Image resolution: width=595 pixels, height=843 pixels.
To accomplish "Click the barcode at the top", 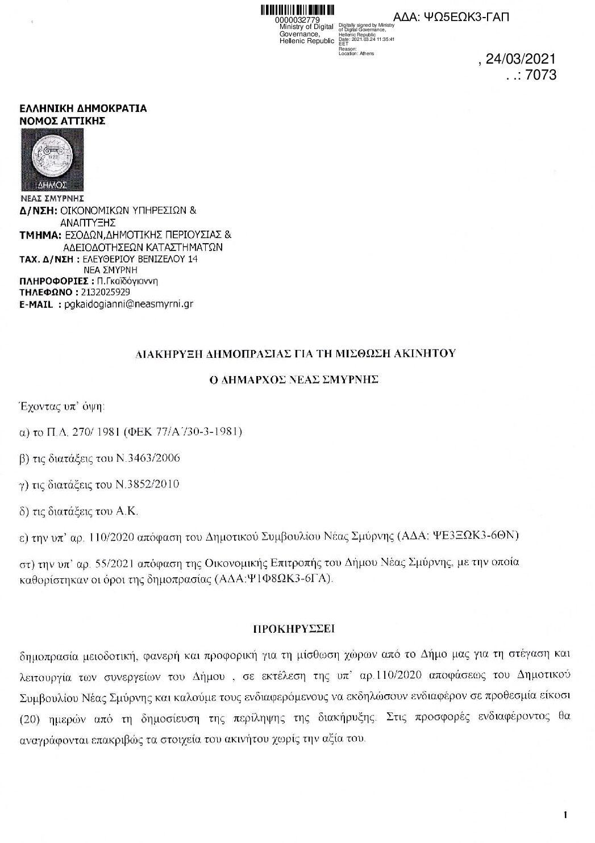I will (297, 10).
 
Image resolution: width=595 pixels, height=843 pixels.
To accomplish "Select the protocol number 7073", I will (541, 75).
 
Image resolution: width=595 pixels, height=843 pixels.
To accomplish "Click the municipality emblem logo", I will (52, 160).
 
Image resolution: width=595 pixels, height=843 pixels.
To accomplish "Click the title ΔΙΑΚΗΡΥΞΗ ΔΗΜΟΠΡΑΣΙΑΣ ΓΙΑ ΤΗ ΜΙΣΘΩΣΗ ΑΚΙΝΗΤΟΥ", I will (297, 353).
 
